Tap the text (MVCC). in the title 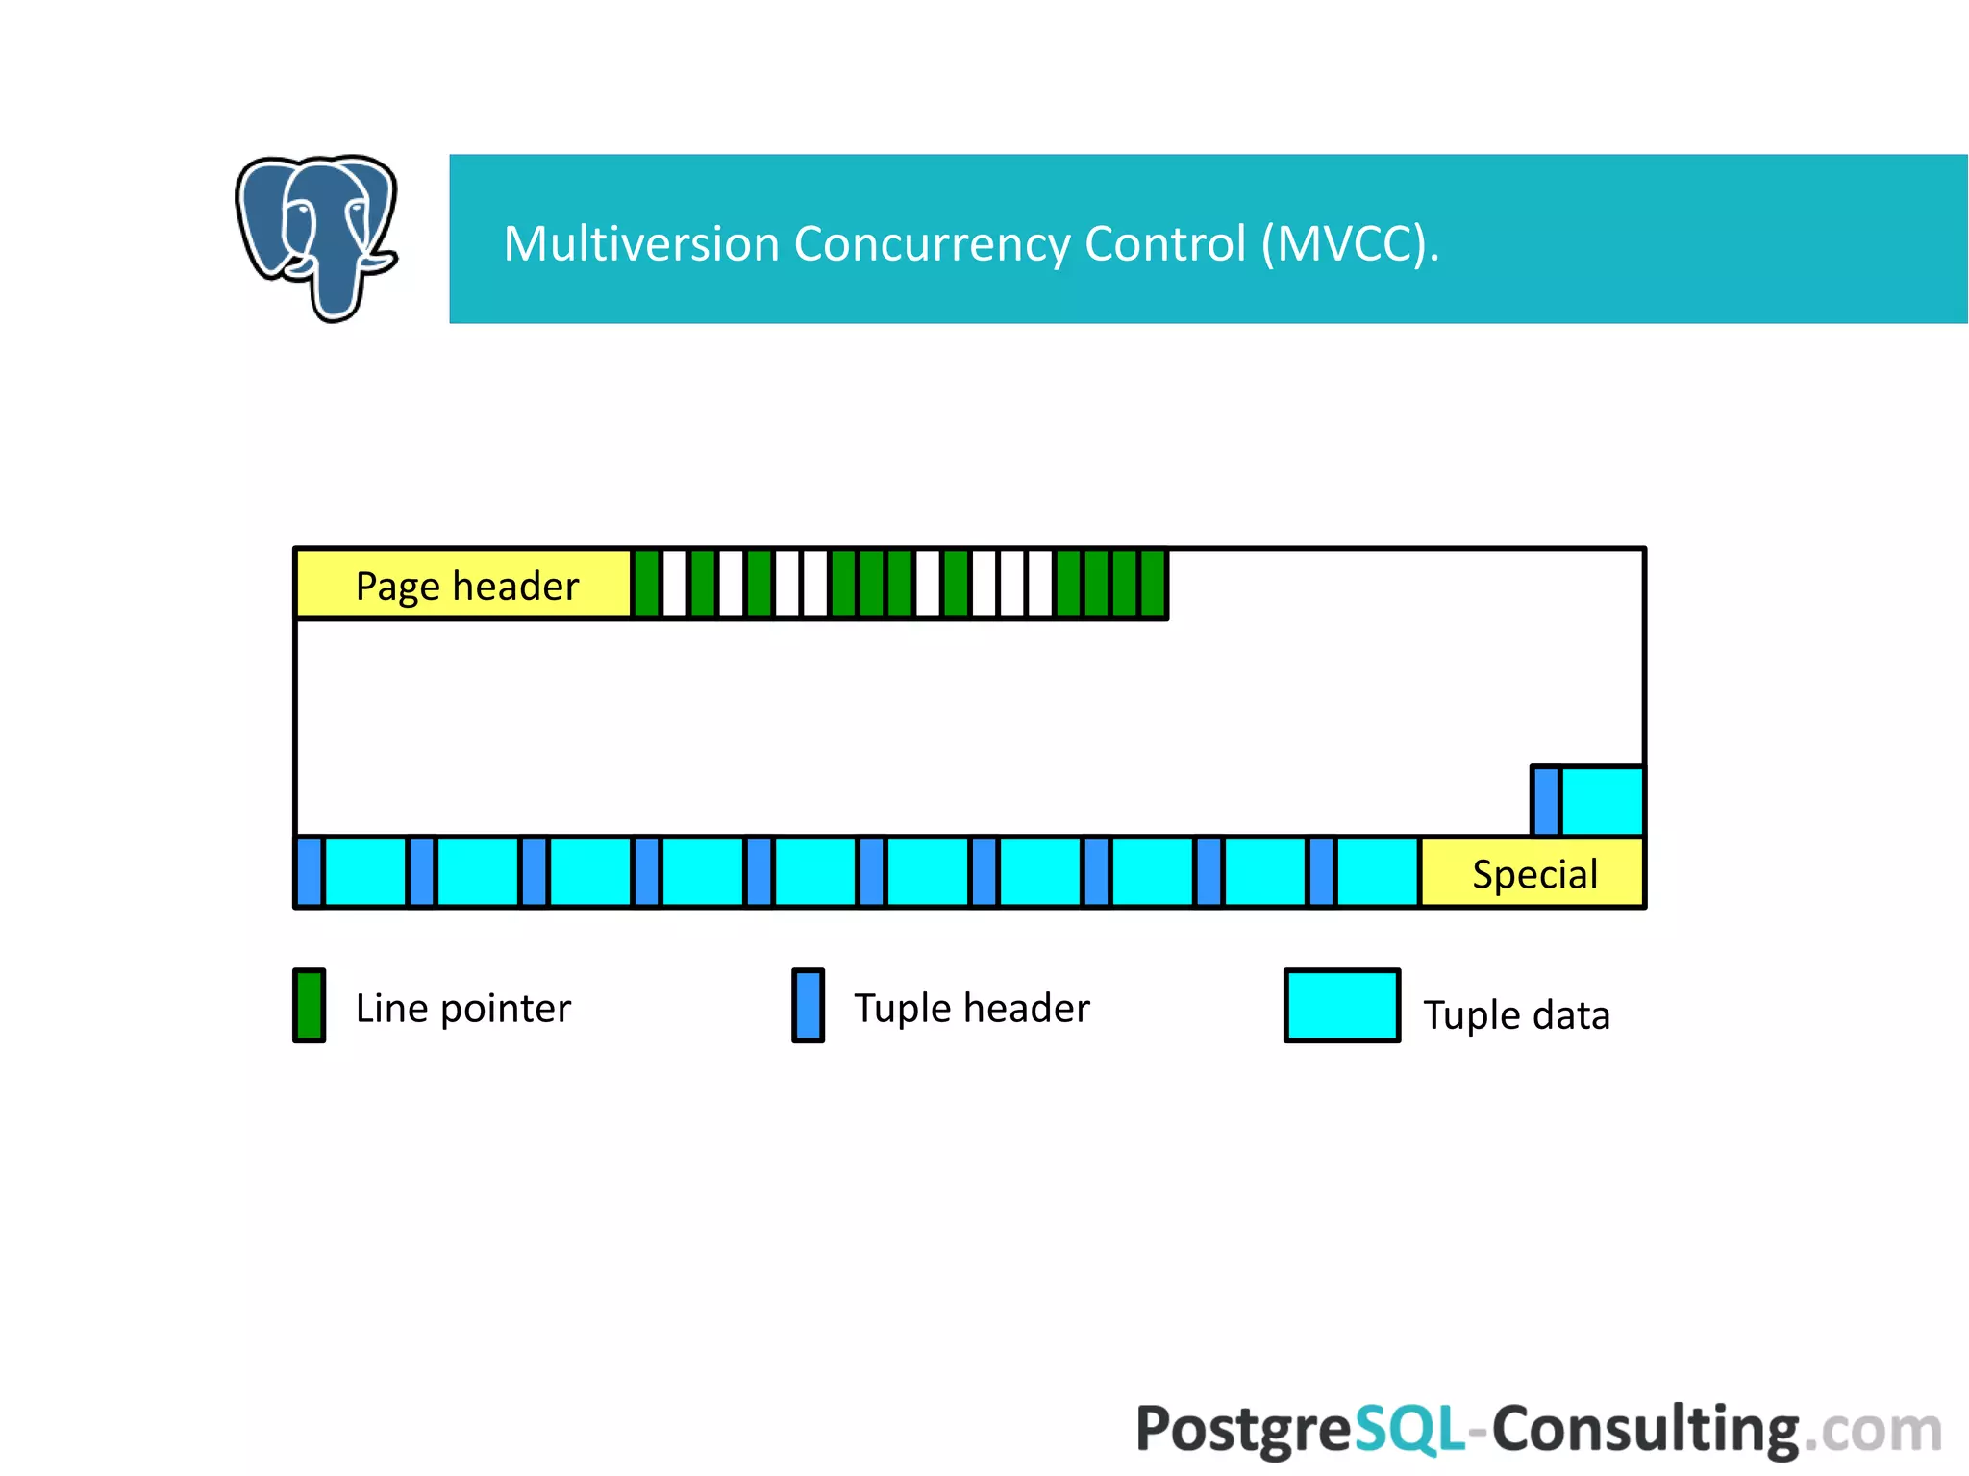click(1350, 243)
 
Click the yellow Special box click(1533, 873)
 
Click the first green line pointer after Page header click(647, 584)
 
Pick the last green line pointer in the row click(1153, 584)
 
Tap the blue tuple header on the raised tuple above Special click(1545, 801)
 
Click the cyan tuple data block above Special click(1602, 801)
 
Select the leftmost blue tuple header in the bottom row click(310, 872)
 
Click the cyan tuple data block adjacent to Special click(1377, 872)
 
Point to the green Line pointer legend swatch click(310, 1006)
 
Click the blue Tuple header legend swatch click(808, 1006)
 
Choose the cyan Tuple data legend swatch click(1341, 1006)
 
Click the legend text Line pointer click(462, 1009)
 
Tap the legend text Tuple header click(971, 1009)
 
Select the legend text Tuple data click(1516, 1015)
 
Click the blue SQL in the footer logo click(1409, 1429)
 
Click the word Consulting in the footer click(1644, 1429)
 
